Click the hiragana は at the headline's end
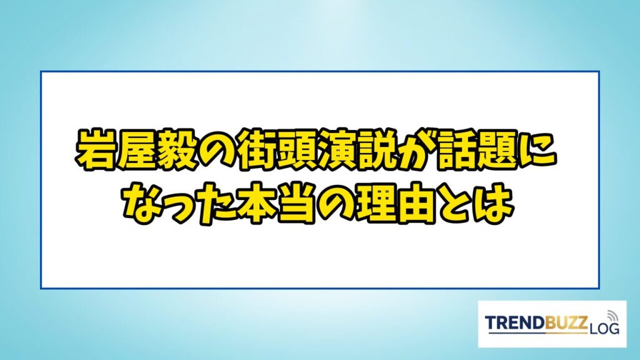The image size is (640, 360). (x=493, y=204)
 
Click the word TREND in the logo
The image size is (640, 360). (x=516, y=323)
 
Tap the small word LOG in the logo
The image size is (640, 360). (x=604, y=328)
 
